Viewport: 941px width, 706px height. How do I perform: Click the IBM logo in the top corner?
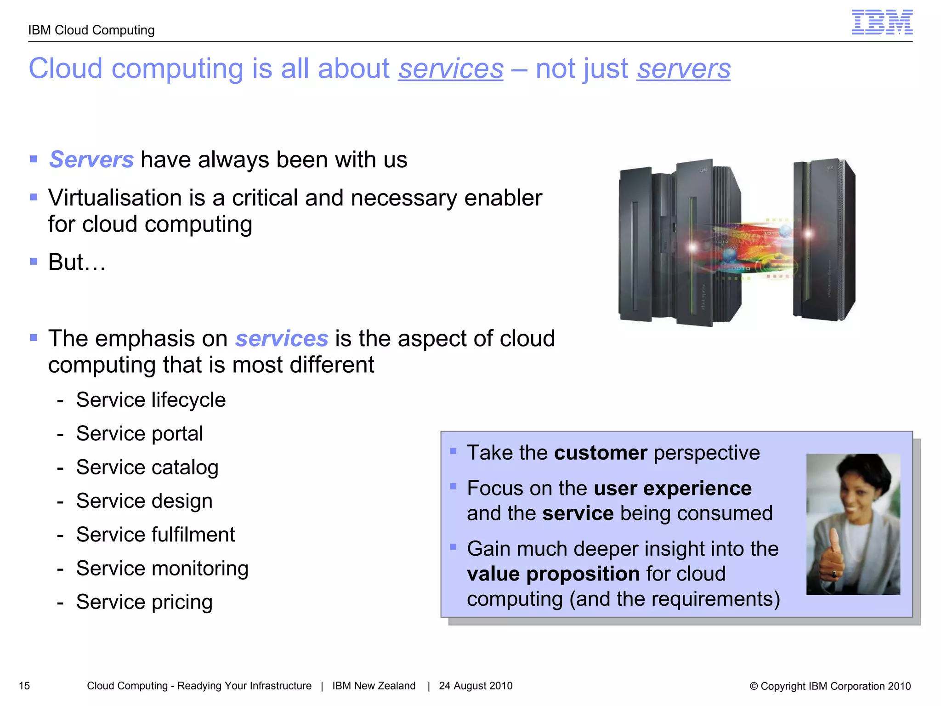(x=882, y=22)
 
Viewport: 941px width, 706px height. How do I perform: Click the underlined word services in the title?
(x=450, y=69)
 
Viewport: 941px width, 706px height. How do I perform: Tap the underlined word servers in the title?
(x=683, y=69)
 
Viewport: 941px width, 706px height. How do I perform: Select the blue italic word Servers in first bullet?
(x=91, y=159)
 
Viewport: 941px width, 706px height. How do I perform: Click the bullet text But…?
(x=77, y=262)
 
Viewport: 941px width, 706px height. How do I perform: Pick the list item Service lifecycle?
(x=151, y=400)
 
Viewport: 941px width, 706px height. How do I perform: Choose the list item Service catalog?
(x=147, y=467)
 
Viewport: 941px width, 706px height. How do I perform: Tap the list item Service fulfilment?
(x=155, y=535)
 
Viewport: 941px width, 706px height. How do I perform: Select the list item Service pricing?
(x=144, y=602)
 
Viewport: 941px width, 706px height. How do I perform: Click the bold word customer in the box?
(x=601, y=453)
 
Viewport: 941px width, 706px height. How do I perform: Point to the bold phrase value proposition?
(x=553, y=574)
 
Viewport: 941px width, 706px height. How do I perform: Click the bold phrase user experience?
(x=673, y=488)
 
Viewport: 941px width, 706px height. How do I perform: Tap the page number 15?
(x=24, y=686)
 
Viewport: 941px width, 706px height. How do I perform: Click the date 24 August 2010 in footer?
(x=476, y=686)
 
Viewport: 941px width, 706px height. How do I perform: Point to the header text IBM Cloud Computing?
(x=91, y=30)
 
